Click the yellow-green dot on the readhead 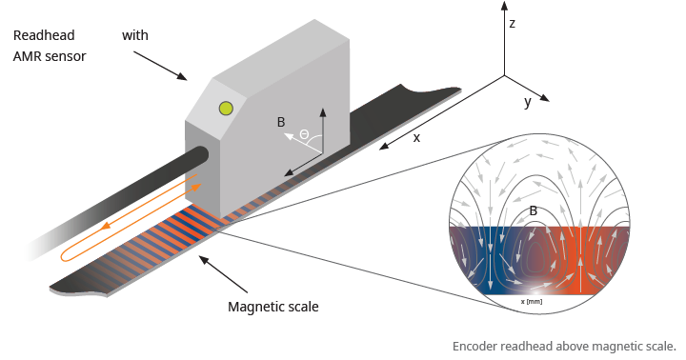[x=226, y=108]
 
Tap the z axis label [x=513, y=23]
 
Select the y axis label [x=528, y=102]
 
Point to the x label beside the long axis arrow [x=416, y=138]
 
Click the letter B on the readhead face [x=281, y=122]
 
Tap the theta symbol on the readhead [x=304, y=134]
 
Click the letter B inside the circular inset [x=533, y=210]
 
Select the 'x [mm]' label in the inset [x=532, y=301]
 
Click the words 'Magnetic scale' [x=273, y=307]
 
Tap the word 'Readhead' [x=44, y=35]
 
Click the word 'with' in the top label [x=134, y=35]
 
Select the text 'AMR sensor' [x=50, y=56]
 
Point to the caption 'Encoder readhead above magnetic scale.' [x=564, y=347]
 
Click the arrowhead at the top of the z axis [x=504, y=6]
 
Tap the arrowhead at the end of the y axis [x=545, y=98]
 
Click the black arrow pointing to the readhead [x=160, y=66]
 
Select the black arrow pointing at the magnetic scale [x=223, y=274]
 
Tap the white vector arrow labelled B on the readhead [x=303, y=143]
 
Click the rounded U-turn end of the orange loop [x=63, y=255]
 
